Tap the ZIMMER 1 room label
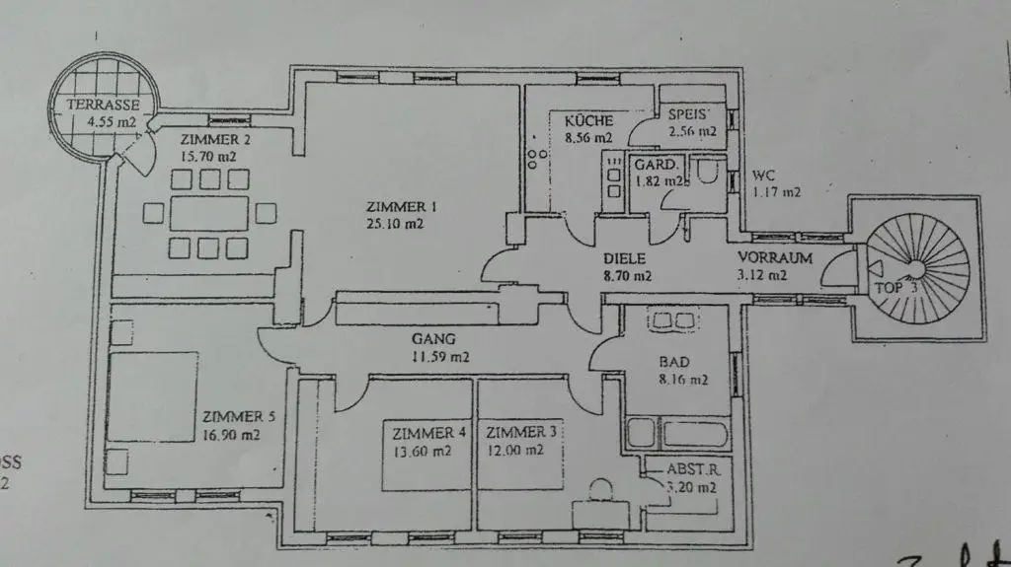(401, 207)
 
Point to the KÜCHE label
(588, 120)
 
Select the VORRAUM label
(775, 258)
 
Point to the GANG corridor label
(433, 339)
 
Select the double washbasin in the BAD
(672, 321)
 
